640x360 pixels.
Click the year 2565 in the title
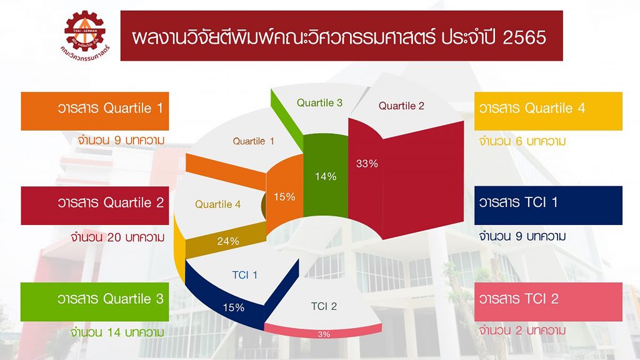524,37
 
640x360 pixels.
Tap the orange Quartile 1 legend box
95,111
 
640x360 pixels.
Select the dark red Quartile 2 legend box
95,206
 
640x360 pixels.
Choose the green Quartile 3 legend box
95,302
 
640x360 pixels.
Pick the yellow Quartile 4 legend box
548,111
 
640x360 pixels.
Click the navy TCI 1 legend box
548,205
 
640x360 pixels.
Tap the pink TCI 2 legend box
548,302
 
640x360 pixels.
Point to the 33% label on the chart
367,164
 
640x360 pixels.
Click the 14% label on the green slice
326,176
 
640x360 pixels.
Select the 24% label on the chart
228,241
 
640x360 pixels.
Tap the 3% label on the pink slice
324,334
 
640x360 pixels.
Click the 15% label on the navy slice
234,307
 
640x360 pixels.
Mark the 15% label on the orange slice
284,197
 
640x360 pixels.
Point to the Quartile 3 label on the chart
319,103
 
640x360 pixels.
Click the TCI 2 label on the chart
324,306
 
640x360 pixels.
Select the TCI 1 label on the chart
245,275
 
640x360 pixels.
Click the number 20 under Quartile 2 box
114,237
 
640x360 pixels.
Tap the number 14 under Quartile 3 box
114,332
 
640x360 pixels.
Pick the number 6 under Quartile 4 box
519,141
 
